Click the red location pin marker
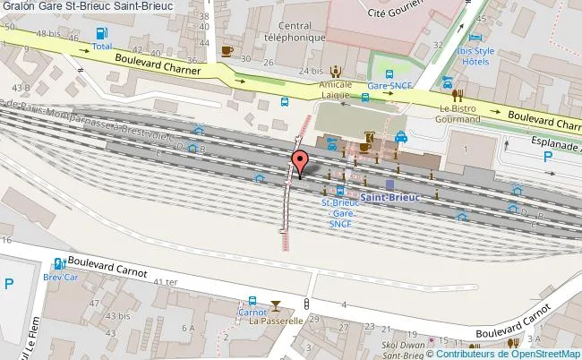point(300,162)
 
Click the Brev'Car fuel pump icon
point(58,264)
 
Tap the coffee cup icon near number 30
point(227,50)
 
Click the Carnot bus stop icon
point(252,302)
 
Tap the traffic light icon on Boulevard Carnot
point(306,304)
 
